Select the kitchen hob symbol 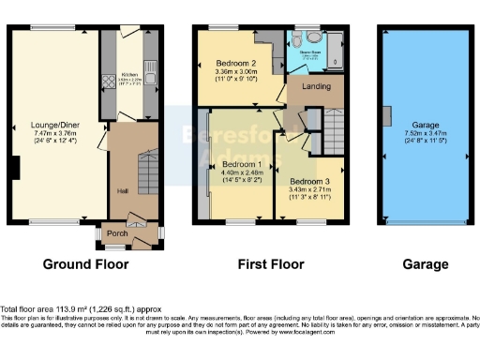pyautogui.click(x=108, y=81)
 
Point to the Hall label pyautogui.click(x=122, y=190)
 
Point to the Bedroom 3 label pyautogui.click(x=308, y=181)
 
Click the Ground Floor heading pyautogui.click(x=85, y=265)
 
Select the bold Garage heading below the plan pyautogui.click(x=426, y=265)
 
